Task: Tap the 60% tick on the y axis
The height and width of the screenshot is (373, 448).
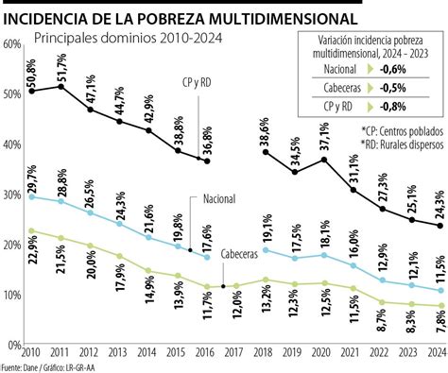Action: [x=12, y=44]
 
